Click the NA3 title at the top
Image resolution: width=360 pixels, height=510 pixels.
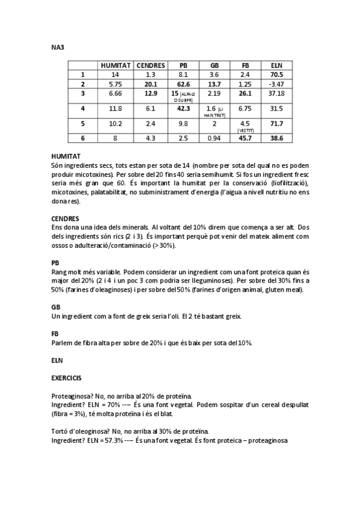[58, 47]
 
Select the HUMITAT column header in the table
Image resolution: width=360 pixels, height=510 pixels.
[115, 65]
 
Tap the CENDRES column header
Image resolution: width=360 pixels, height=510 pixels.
[151, 65]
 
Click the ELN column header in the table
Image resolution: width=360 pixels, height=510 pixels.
[276, 65]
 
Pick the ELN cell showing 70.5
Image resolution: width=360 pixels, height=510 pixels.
[276, 75]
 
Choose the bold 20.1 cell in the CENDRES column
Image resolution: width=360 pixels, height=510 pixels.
[151, 84]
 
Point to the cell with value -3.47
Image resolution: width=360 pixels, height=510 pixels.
[276, 84]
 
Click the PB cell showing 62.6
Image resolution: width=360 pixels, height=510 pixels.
[183, 84]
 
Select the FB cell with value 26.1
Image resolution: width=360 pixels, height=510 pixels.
[245, 94]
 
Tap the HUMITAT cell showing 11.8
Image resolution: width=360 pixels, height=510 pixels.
[115, 108]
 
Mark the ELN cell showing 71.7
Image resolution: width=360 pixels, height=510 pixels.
[276, 123]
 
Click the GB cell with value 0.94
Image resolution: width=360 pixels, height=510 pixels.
[214, 138]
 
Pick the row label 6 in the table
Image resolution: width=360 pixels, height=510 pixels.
[83, 138]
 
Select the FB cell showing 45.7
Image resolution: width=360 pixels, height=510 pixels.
[245, 138]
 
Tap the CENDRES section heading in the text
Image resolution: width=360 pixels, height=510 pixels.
[66, 219]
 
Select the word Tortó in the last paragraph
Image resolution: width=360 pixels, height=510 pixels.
[61, 432]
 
